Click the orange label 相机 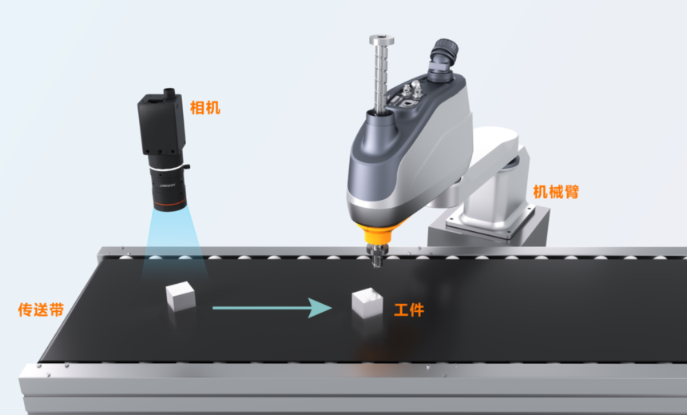[x=205, y=108]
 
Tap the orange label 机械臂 [x=556, y=192]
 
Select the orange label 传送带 [x=41, y=309]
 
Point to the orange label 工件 [x=409, y=310]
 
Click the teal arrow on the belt [x=272, y=308]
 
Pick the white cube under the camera [x=181, y=296]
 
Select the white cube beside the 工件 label [x=367, y=302]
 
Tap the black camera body [x=161, y=124]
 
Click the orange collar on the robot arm [x=377, y=232]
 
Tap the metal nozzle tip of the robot [x=377, y=258]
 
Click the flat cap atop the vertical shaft [x=381, y=40]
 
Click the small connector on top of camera [x=169, y=92]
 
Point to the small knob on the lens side [x=187, y=166]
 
